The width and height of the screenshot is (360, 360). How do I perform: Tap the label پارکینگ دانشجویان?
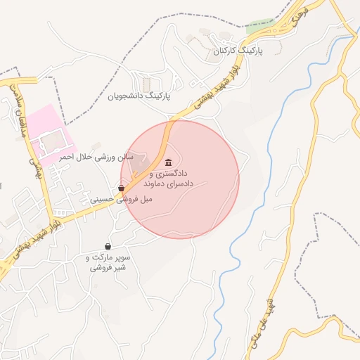[x=139, y=95]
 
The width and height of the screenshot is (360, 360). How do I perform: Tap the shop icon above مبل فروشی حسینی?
[x=122, y=188]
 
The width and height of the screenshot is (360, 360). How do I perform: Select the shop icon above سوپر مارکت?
[x=108, y=246]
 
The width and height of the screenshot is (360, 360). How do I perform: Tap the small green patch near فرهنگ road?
[x=260, y=26]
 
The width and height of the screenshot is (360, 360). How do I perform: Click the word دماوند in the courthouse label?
[x=154, y=182]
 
